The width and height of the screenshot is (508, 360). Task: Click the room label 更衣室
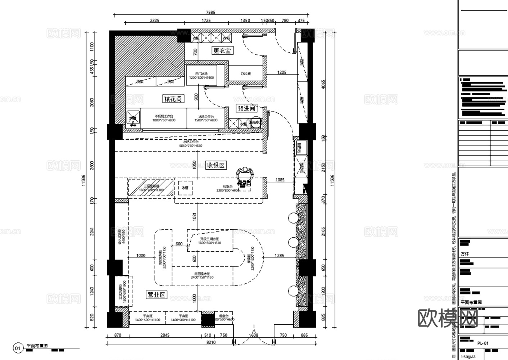pyautogui.click(x=222, y=51)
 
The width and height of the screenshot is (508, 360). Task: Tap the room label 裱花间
pyautogui.click(x=173, y=99)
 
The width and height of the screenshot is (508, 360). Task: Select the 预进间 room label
pyautogui.click(x=246, y=108)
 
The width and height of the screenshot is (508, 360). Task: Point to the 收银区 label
pyautogui.click(x=216, y=165)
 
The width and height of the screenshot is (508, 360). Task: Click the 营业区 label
pyautogui.click(x=157, y=295)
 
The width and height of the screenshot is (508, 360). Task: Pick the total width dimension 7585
pyautogui.click(x=210, y=12)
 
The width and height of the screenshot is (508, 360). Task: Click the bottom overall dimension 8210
pyautogui.click(x=211, y=342)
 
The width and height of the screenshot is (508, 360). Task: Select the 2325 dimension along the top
pyautogui.click(x=155, y=21)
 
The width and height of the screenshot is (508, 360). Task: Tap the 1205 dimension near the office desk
pyautogui.click(x=282, y=72)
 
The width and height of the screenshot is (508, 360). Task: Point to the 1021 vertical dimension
pyautogui.click(x=195, y=217)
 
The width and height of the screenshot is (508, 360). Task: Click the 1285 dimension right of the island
pyautogui.click(x=279, y=256)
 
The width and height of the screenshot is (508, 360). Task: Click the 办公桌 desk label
pyautogui.click(x=246, y=74)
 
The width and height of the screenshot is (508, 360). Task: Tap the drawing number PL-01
pyautogui.click(x=483, y=343)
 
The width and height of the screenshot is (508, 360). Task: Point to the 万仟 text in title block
pyautogui.click(x=465, y=254)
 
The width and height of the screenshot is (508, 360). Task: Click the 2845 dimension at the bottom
pyautogui.click(x=165, y=335)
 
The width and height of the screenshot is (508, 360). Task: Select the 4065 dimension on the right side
pyautogui.click(x=323, y=85)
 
